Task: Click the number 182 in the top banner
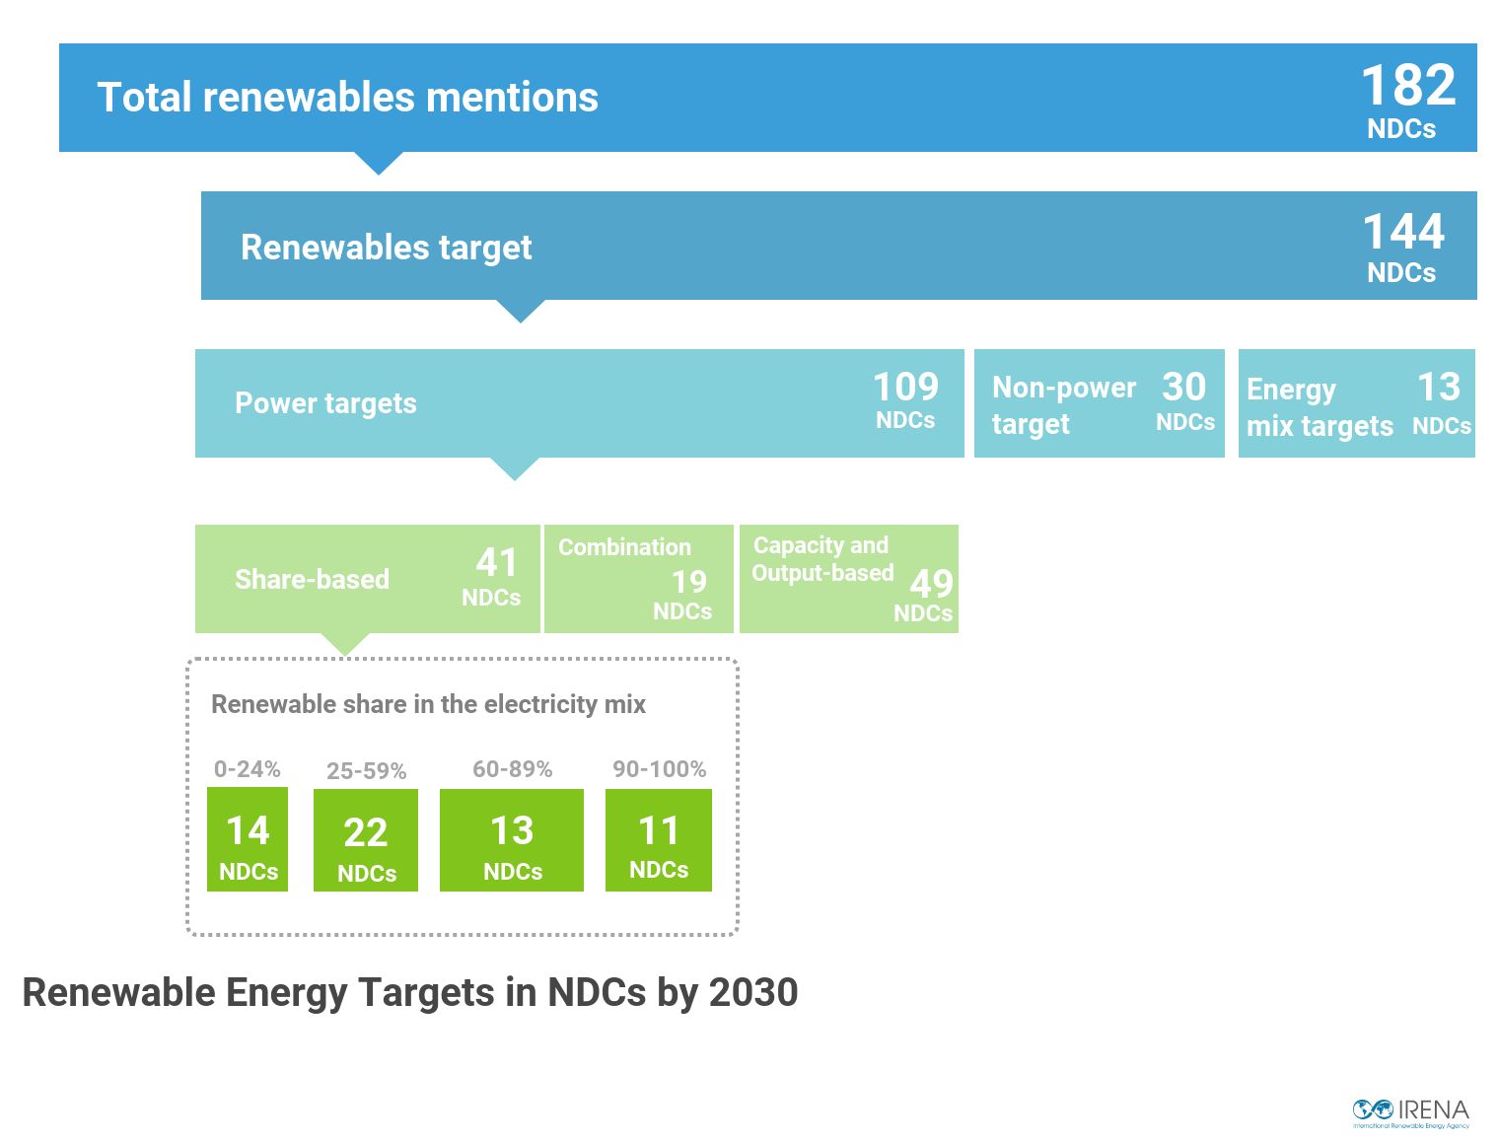click(x=1408, y=86)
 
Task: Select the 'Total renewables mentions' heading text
click(x=347, y=97)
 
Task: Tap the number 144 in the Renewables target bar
click(x=1403, y=232)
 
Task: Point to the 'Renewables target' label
click(x=386, y=248)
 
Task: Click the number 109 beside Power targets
click(x=905, y=387)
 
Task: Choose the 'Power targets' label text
click(x=325, y=403)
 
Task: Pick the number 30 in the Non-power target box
click(x=1183, y=387)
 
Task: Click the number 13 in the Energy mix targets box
click(x=1438, y=387)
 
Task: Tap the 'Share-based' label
click(x=312, y=579)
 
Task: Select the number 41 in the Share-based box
click(x=496, y=562)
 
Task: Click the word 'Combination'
click(x=624, y=547)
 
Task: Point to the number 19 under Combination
click(x=688, y=582)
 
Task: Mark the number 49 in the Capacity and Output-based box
click(x=932, y=583)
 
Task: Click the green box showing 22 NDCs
click(x=365, y=840)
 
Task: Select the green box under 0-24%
click(x=248, y=839)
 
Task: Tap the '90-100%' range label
click(x=659, y=769)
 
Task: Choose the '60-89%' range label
click(x=512, y=769)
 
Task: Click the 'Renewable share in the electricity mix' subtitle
click(x=428, y=704)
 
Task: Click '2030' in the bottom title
click(x=753, y=992)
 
